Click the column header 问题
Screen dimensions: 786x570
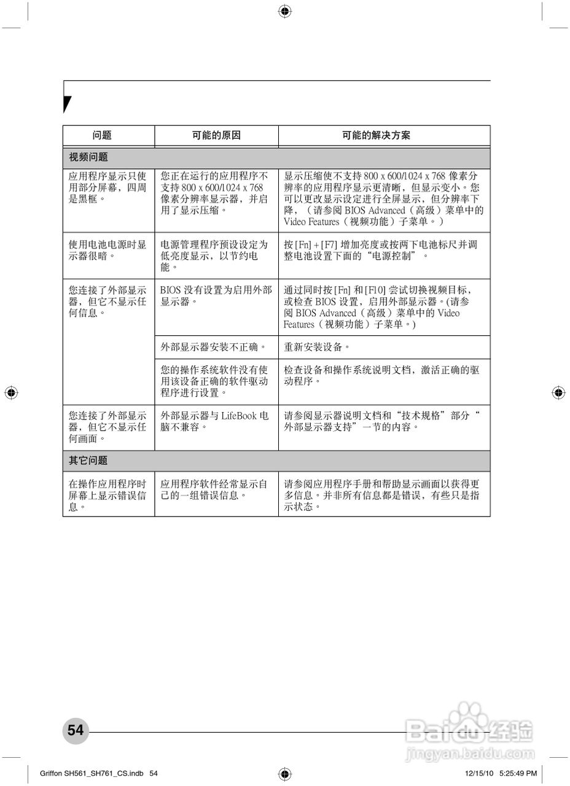[102, 136]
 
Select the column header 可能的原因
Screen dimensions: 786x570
[216, 136]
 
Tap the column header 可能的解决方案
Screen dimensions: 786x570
[385, 136]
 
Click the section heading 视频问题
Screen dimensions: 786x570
[88, 157]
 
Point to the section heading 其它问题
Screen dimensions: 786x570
[88, 461]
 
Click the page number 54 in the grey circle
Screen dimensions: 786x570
[76, 730]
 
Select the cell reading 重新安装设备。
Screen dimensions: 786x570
[317, 347]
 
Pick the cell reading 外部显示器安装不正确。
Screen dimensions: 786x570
[213, 347]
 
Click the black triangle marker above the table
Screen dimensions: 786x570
[67, 104]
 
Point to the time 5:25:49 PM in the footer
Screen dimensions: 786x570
[518, 773]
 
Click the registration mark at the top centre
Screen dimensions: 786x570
[285, 11]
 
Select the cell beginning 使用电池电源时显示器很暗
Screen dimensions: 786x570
[107, 250]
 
